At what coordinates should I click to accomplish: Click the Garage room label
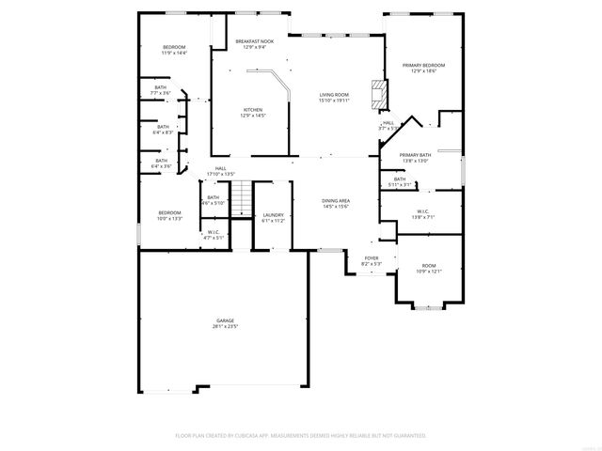(x=225, y=322)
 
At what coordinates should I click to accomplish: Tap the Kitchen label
(x=253, y=112)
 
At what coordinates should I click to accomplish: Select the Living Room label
(x=333, y=97)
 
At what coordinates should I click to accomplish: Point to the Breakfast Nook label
(x=254, y=43)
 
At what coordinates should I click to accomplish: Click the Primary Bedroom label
(x=423, y=67)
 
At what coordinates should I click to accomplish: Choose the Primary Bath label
(x=414, y=157)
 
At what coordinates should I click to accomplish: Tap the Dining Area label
(x=336, y=202)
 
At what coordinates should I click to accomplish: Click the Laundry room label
(x=273, y=217)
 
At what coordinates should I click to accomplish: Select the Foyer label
(x=372, y=260)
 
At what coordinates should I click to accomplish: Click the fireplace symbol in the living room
(x=378, y=93)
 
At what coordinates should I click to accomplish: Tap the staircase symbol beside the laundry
(x=243, y=198)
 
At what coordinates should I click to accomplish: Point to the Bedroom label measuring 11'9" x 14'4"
(x=174, y=50)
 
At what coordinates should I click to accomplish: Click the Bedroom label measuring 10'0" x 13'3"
(x=169, y=215)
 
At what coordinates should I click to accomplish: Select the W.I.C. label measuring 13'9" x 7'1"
(x=423, y=213)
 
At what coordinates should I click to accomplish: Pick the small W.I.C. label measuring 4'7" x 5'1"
(x=214, y=235)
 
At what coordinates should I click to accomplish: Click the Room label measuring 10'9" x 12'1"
(x=429, y=268)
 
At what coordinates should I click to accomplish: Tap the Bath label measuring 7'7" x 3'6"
(x=161, y=89)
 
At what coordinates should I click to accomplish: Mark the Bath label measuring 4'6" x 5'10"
(x=213, y=199)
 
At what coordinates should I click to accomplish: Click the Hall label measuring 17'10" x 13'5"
(x=220, y=170)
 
